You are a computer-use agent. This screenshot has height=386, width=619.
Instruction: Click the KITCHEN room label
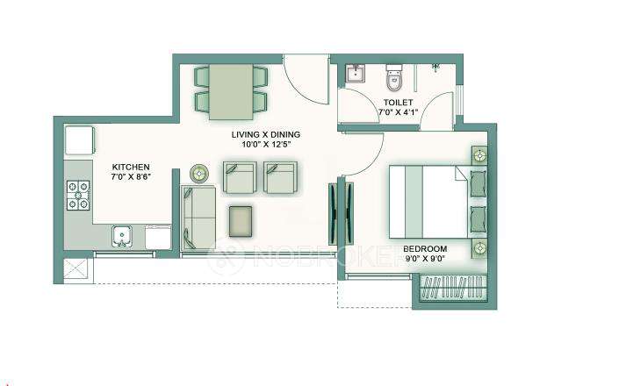click(131, 167)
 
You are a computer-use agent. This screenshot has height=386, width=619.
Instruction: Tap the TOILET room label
click(398, 103)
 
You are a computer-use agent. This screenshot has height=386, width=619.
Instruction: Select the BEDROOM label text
click(425, 248)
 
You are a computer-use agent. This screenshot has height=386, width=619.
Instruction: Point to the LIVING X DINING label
click(266, 134)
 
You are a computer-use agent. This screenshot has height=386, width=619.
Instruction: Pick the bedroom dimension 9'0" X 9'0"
click(425, 260)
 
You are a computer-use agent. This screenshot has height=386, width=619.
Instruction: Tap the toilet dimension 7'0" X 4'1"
click(398, 113)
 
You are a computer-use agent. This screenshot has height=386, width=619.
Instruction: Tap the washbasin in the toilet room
click(355, 73)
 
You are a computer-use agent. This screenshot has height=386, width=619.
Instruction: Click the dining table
click(230, 89)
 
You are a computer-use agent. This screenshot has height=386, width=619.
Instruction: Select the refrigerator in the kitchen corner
click(77, 139)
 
